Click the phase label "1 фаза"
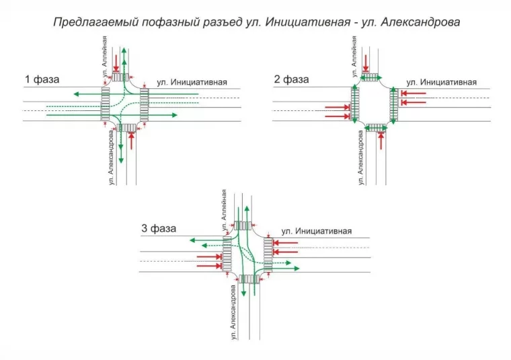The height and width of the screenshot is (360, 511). pos(42,80)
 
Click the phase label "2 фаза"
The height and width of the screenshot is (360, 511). pos(291,79)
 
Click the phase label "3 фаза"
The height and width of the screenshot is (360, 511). pos(159,229)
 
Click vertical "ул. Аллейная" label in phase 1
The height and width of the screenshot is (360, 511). pos(105,61)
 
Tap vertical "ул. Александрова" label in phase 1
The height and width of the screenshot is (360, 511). pos(111,159)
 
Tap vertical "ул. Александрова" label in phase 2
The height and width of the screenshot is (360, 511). pos(360,158)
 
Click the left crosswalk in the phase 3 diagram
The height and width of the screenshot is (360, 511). pos(227,255)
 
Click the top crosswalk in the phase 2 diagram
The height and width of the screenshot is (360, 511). pos(374,78)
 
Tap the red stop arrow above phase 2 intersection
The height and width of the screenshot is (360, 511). pos(366,62)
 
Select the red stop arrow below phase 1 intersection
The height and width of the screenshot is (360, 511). pos(132,141)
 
